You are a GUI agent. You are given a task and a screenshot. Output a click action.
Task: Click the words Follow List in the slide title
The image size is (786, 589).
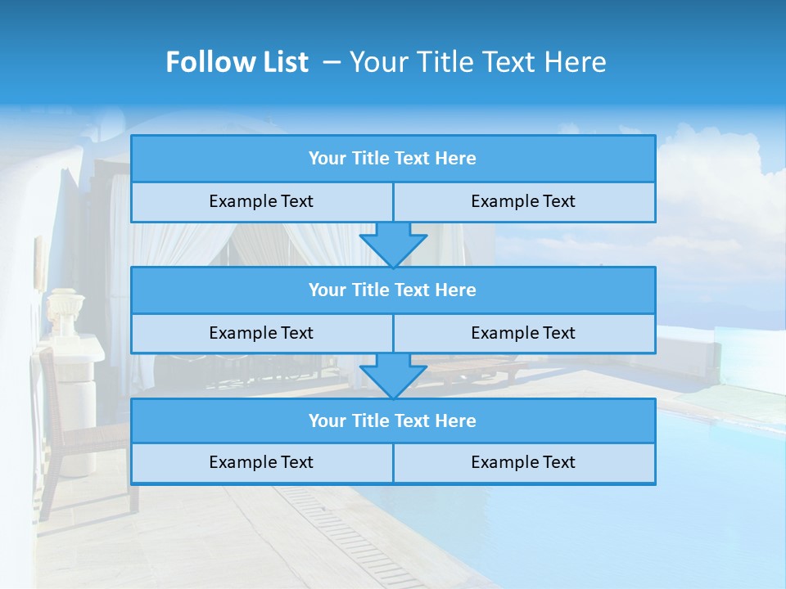(x=237, y=62)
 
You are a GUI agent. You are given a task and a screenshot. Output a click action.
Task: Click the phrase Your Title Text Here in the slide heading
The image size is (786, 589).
(x=477, y=62)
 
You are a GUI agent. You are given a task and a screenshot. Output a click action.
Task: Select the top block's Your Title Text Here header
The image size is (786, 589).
(x=392, y=159)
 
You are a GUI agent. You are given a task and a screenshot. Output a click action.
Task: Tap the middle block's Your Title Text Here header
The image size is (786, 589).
(x=392, y=290)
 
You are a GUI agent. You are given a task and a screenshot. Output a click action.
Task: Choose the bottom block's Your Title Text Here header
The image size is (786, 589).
(x=392, y=420)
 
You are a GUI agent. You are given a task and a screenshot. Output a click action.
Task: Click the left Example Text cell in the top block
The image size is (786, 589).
(x=261, y=201)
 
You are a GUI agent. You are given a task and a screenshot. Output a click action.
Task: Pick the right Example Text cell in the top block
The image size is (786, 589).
(x=523, y=201)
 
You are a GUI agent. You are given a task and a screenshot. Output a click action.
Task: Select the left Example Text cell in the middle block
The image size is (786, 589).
(x=261, y=333)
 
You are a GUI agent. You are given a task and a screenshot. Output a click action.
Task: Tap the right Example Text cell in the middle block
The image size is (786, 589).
(x=523, y=333)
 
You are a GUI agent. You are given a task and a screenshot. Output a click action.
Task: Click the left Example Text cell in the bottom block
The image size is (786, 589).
(x=261, y=462)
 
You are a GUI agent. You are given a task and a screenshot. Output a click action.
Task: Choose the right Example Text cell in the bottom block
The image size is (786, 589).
(x=523, y=462)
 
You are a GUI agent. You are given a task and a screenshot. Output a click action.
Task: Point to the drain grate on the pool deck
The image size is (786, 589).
(x=344, y=532)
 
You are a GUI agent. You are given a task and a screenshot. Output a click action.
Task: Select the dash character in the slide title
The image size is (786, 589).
(x=332, y=62)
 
